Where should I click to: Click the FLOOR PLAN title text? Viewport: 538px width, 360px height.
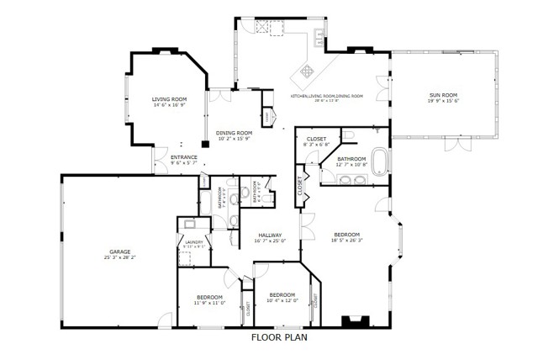pos(280,338)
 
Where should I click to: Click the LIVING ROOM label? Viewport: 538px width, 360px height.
pos(169,99)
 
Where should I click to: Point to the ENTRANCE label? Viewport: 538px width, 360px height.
pos(183,157)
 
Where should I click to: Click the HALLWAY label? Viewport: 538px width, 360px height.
pos(270,235)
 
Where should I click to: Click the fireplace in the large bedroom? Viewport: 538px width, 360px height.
pos(353,320)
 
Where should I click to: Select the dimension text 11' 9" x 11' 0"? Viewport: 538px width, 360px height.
pos(209,303)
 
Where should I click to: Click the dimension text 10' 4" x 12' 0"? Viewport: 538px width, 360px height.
pos(282,300)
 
